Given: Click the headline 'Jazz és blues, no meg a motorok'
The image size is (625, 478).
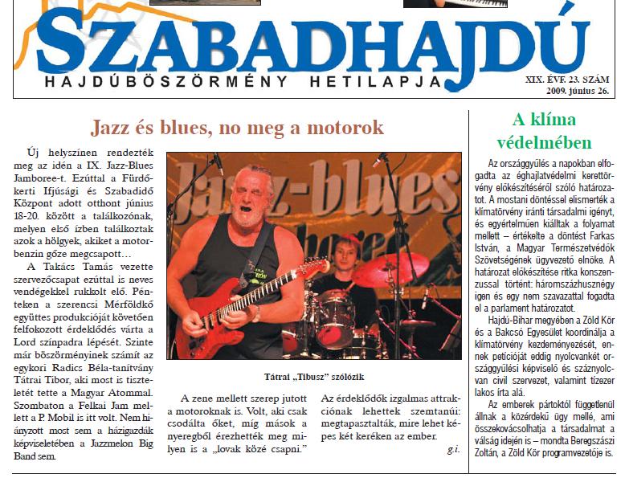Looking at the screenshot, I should (237, 128).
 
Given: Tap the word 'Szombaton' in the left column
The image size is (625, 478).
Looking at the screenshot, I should (48, 407).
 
